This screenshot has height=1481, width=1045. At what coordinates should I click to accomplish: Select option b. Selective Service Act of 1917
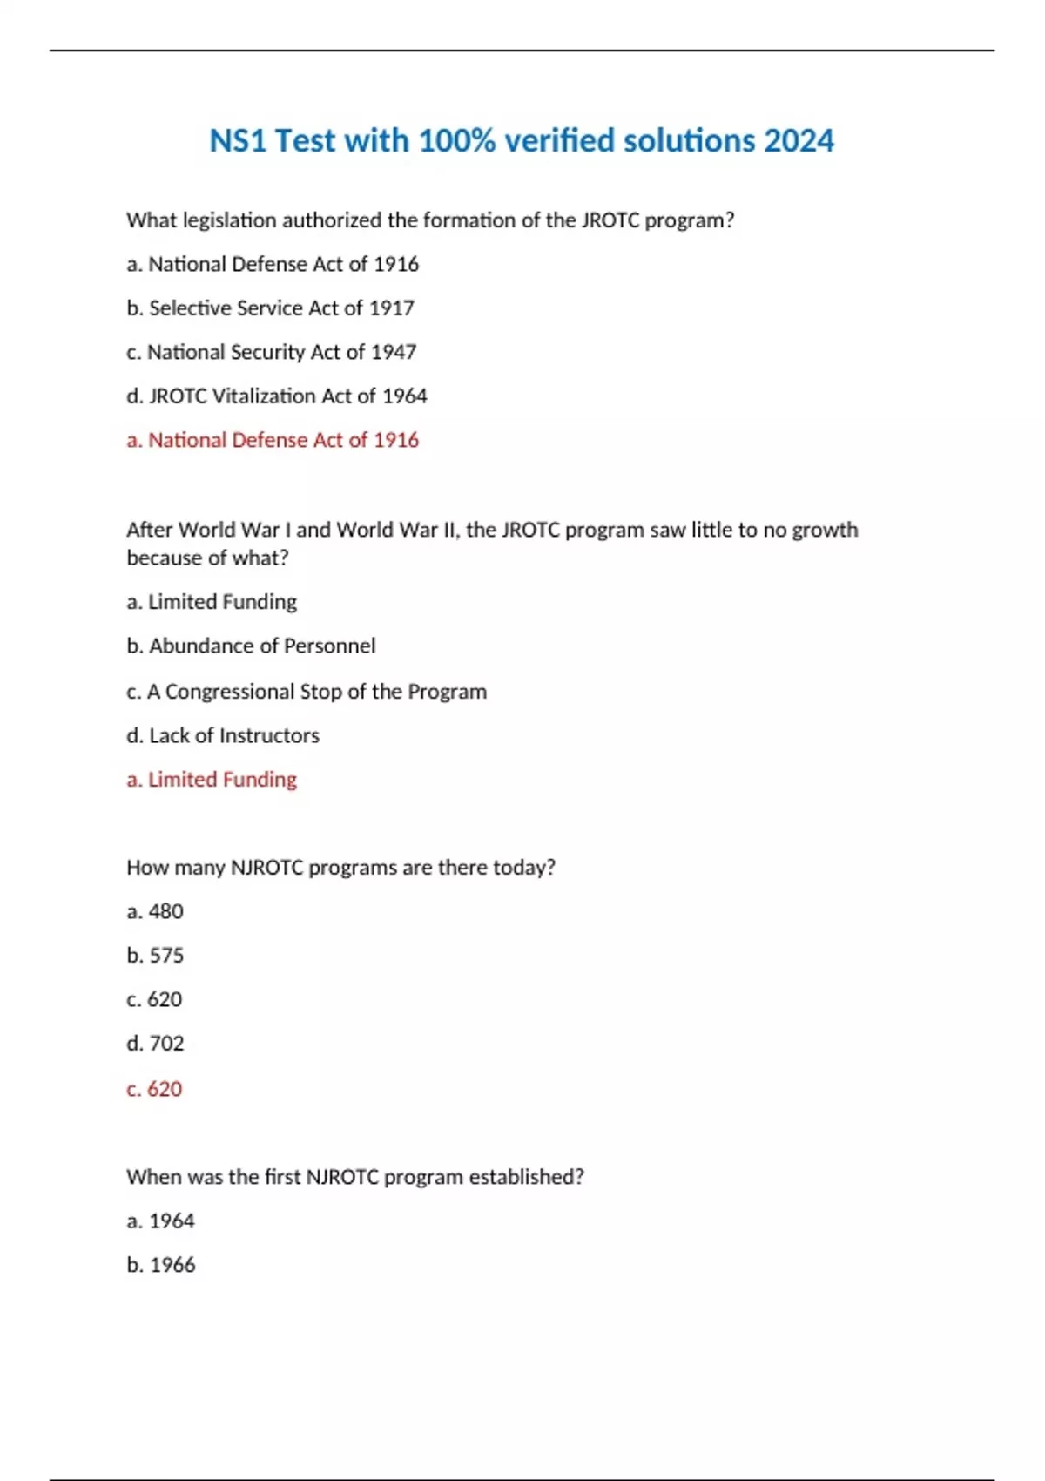tap(270, 308)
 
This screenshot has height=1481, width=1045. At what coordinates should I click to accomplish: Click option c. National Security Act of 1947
tap(271, 352)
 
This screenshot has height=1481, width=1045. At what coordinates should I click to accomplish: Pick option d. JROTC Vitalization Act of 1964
tap(276, 396)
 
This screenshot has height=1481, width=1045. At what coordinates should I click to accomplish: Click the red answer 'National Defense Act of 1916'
tap(283, 440)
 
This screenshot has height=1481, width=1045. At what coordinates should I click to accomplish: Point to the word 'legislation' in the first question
tap(230, 220)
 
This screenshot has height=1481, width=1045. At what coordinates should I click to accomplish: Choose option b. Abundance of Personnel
tap(251, 646)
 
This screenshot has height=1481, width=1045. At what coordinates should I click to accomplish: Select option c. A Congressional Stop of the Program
tap(306, 692)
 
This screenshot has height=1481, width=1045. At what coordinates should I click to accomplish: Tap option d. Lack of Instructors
tap(223, 736)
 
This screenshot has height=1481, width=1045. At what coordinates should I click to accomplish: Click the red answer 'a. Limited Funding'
tap(212, 780)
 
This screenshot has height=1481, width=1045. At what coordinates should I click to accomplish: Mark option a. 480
tap(155, 912)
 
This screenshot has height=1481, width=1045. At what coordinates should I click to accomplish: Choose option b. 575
tap(155, 956)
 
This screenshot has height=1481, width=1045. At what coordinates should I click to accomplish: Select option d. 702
tap(155, 1044)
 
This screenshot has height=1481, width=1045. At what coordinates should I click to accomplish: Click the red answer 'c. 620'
tap(154, 1089)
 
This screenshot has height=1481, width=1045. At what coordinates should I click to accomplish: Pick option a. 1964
tap(160, 1221)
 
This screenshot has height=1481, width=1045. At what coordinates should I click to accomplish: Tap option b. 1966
tap(160, 1265)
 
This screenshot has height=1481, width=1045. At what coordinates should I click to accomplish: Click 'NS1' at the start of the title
tap(238, 140)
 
